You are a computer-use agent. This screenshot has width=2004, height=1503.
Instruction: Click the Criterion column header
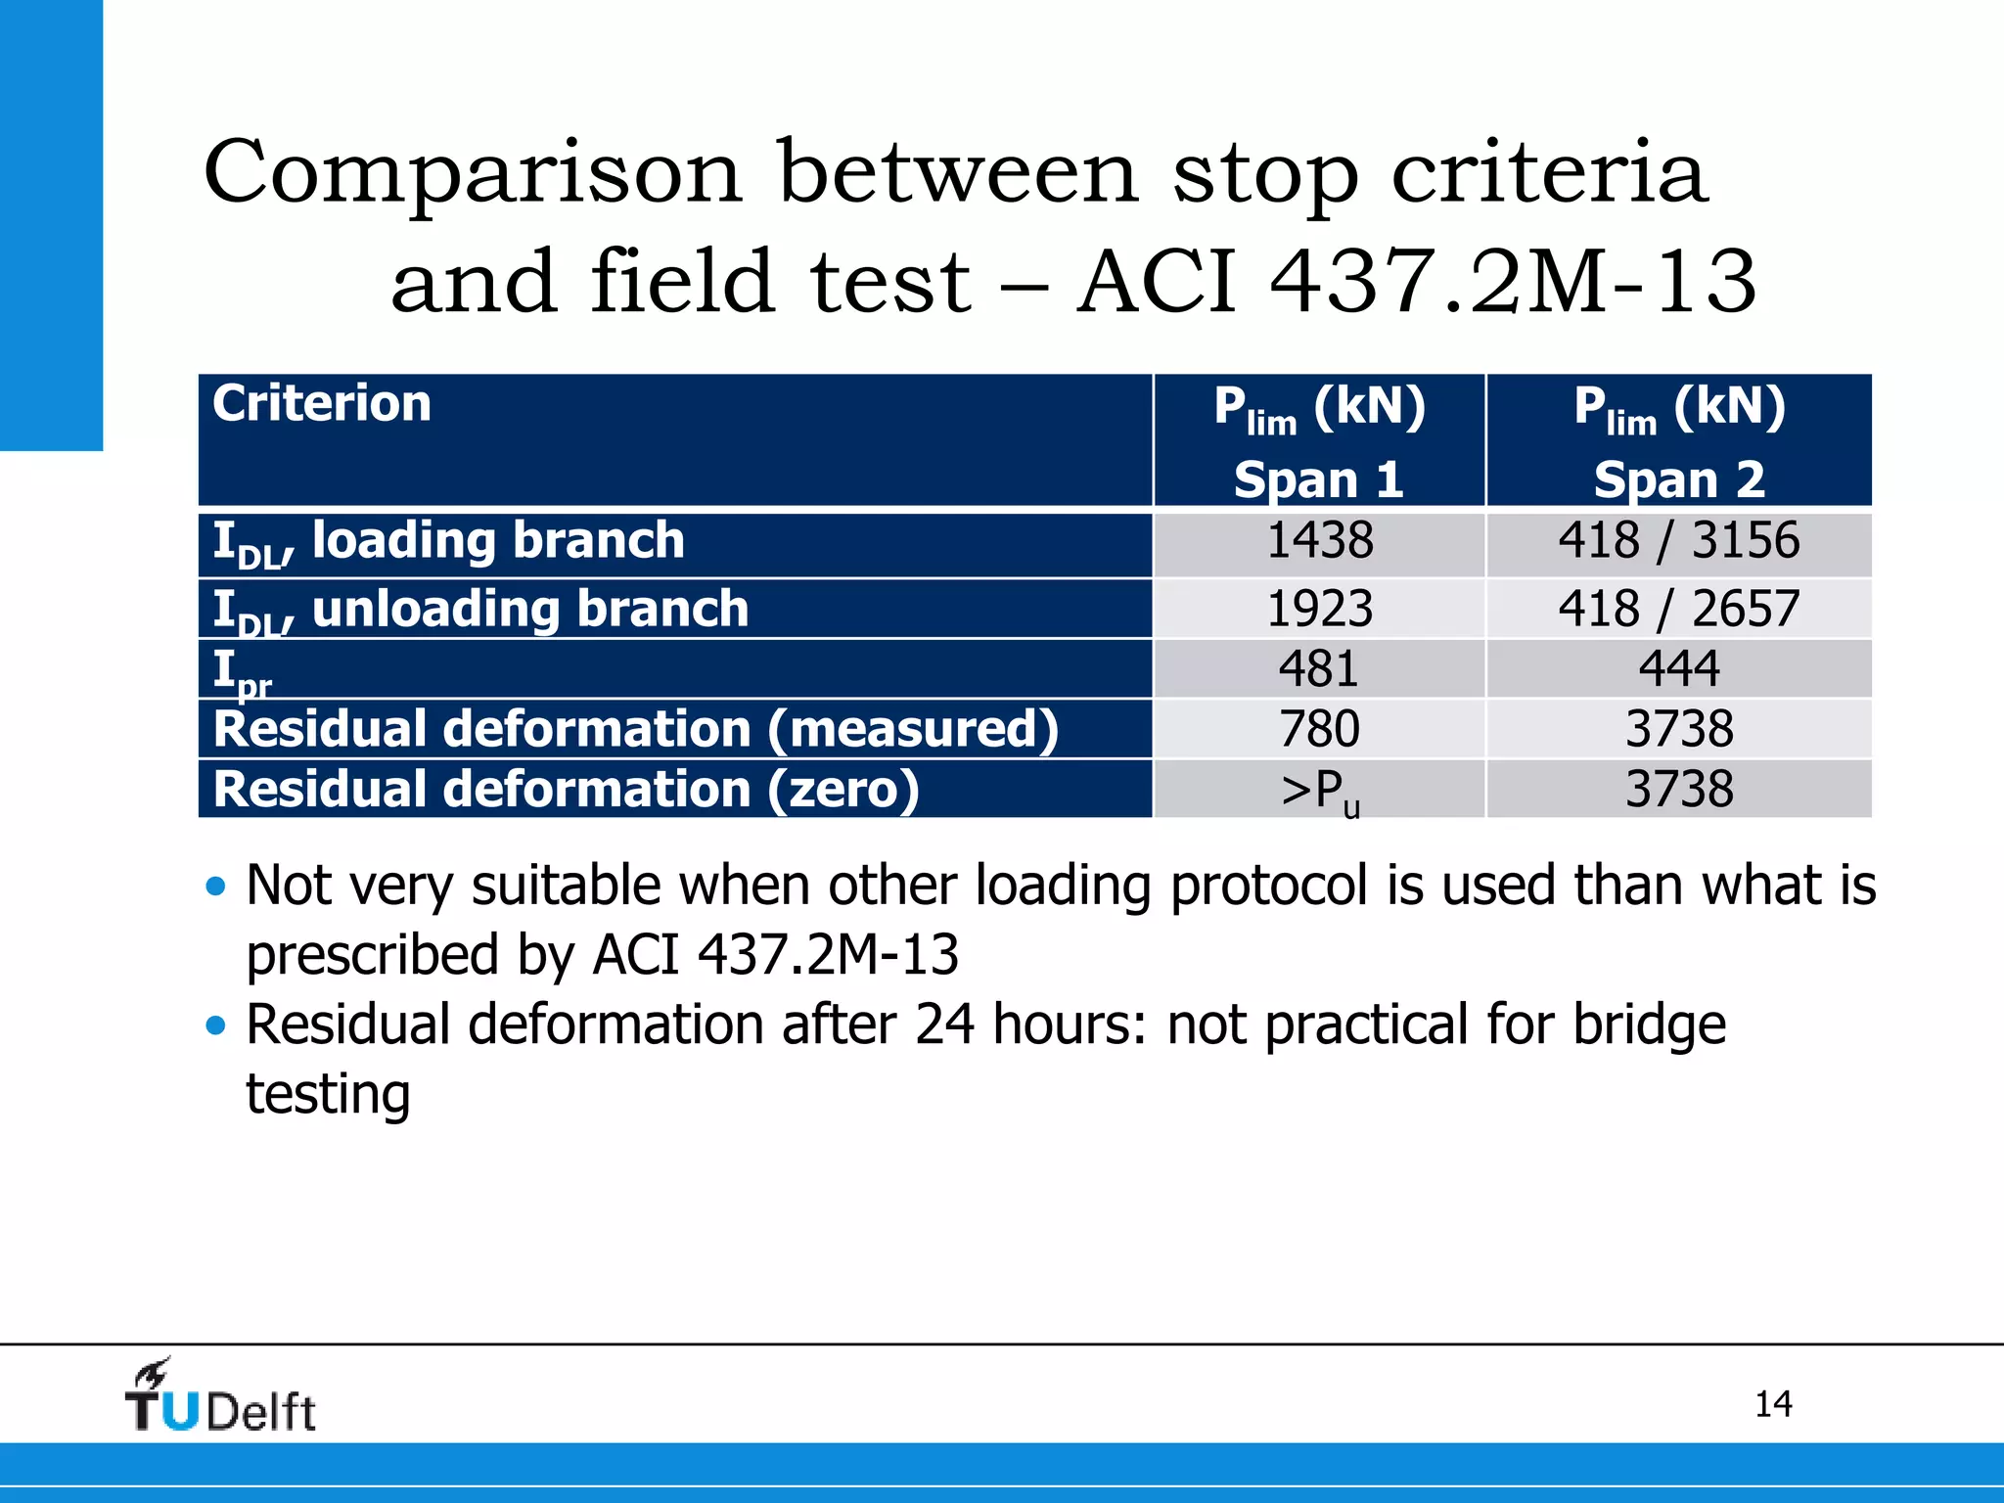tap(322, 404)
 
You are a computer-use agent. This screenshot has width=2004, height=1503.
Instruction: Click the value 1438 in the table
tap(1319, 541)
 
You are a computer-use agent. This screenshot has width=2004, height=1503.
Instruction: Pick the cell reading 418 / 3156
tap(1679, 541)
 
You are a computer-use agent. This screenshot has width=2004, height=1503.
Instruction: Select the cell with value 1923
tap(1319, 609)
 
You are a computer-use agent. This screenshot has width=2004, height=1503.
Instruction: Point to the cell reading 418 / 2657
tap(1679, 609)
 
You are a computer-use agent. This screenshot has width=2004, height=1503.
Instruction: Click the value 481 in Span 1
tap(1319, 669)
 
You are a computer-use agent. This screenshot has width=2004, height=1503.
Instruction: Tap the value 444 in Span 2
tap(1679, 669)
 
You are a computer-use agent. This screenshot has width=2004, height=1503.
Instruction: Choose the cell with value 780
tap(1319, 729)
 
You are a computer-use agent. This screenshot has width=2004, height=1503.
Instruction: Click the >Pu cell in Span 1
tap(1319, 791)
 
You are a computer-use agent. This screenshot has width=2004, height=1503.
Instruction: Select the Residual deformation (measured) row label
tap(636, 729)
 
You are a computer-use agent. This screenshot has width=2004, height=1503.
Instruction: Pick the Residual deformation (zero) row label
tap(566, 790)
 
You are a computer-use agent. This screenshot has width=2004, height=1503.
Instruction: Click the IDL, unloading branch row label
tap(480, 610)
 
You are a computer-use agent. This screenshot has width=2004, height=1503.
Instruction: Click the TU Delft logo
tap(220, 1398)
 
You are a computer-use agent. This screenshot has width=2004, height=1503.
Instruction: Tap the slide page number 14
tap(1773, 1404)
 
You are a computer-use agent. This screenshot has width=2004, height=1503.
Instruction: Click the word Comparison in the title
tap(473, 173)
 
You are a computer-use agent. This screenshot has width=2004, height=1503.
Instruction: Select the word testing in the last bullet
tap(328, 1094)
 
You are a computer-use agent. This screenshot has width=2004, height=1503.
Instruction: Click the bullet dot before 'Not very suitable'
tap(216, 888)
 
